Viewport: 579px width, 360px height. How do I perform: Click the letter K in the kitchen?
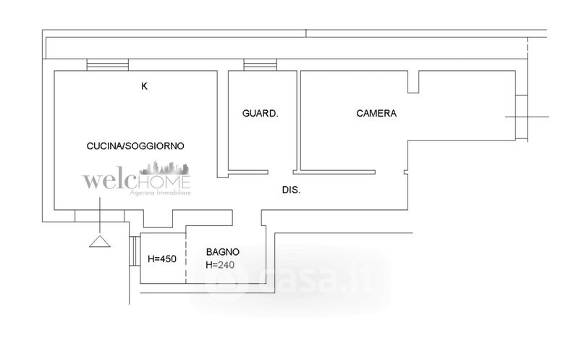pos(144,86)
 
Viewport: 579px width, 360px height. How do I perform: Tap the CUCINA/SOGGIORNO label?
pos(135,146)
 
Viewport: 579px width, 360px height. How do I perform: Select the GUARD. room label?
pos(261,114)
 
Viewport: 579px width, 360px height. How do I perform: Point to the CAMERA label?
pos(376,114)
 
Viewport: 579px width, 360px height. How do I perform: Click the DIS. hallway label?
pos(291,190)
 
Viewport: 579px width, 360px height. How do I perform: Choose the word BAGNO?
pos(223,251)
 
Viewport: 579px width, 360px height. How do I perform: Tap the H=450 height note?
pos(162,259)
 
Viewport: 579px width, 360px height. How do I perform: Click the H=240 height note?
pos(223,264)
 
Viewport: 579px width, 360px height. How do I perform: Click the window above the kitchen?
pos(107,65)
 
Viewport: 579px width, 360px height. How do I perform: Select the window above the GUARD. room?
pos(255,65)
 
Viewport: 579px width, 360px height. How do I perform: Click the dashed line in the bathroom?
pos(187,254)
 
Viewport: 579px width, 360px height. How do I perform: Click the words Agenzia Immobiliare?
pos(158,194)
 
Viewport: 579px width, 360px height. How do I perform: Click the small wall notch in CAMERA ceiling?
pos(413,82)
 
